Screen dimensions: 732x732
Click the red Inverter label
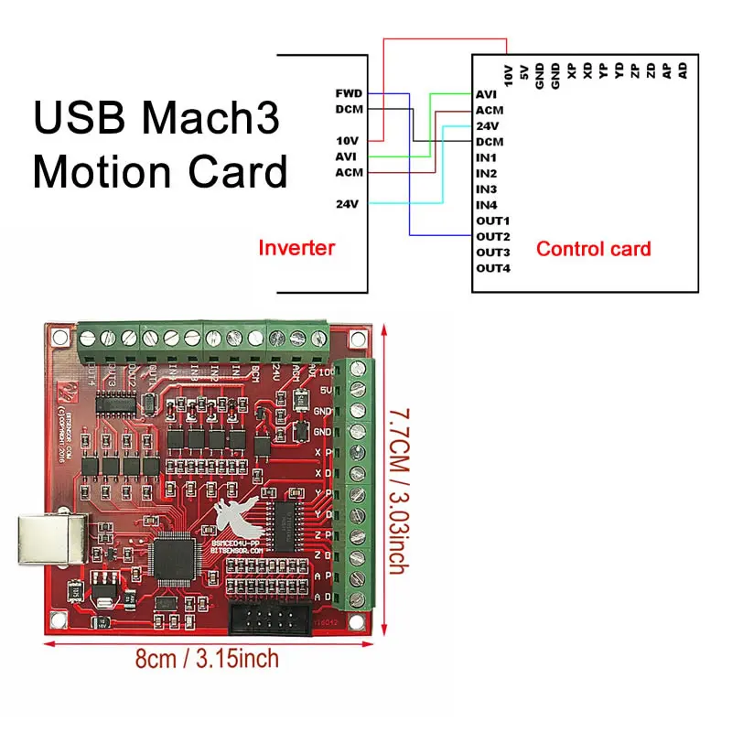[x=296, y=247]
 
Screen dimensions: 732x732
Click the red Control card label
[x=593, y=248]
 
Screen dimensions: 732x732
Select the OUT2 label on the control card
[x=492, y=236]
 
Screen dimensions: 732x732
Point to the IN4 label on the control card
[x=487, y=205]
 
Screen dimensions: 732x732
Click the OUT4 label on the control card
[x=492, y=268]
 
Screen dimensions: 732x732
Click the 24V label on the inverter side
[x=349, y=203]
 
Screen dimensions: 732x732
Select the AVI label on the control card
[x=487, y=94]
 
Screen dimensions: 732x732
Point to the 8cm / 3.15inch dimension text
[x=208, y=659]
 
